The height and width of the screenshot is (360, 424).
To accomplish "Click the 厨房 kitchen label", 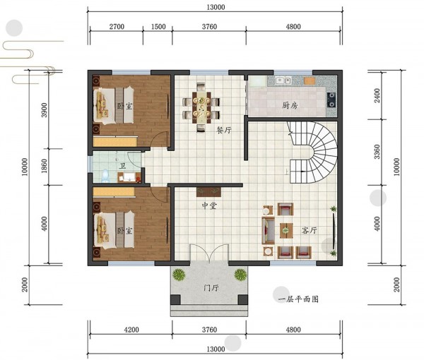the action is coord(290,105).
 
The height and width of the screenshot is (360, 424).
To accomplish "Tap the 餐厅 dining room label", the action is coord(224,130).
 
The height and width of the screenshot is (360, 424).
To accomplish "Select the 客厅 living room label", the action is coord(310,230).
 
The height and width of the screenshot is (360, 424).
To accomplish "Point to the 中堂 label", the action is coord(209,206).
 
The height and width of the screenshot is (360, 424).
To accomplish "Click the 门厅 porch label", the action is coord(211,288).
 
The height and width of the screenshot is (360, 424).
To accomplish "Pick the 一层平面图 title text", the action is coord(298,299).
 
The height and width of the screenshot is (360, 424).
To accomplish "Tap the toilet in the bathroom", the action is coord(105,176).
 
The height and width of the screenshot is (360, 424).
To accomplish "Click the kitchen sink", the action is coord(283,80).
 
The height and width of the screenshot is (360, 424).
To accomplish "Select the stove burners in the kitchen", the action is coord(331,100).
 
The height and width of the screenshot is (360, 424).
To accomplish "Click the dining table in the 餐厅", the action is coord(201,107).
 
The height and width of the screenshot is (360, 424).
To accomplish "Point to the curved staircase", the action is coord(314,152).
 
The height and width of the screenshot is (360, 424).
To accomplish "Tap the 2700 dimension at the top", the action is coord(117,26).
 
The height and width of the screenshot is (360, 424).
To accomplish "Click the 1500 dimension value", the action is coord(158,26).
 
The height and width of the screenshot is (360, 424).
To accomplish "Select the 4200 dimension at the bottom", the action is coord(131,330).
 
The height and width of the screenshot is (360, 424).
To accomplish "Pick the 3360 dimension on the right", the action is coord(377,152).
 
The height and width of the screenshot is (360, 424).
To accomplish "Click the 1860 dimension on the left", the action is coord(45,166).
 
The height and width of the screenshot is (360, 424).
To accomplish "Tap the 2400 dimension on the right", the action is coord(377,95).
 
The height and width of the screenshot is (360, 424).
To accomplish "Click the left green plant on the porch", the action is coord(179,275).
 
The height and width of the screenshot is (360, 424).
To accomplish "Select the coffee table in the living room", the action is coord(285,230).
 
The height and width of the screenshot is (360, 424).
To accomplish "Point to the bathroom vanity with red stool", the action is coord(129,177).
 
